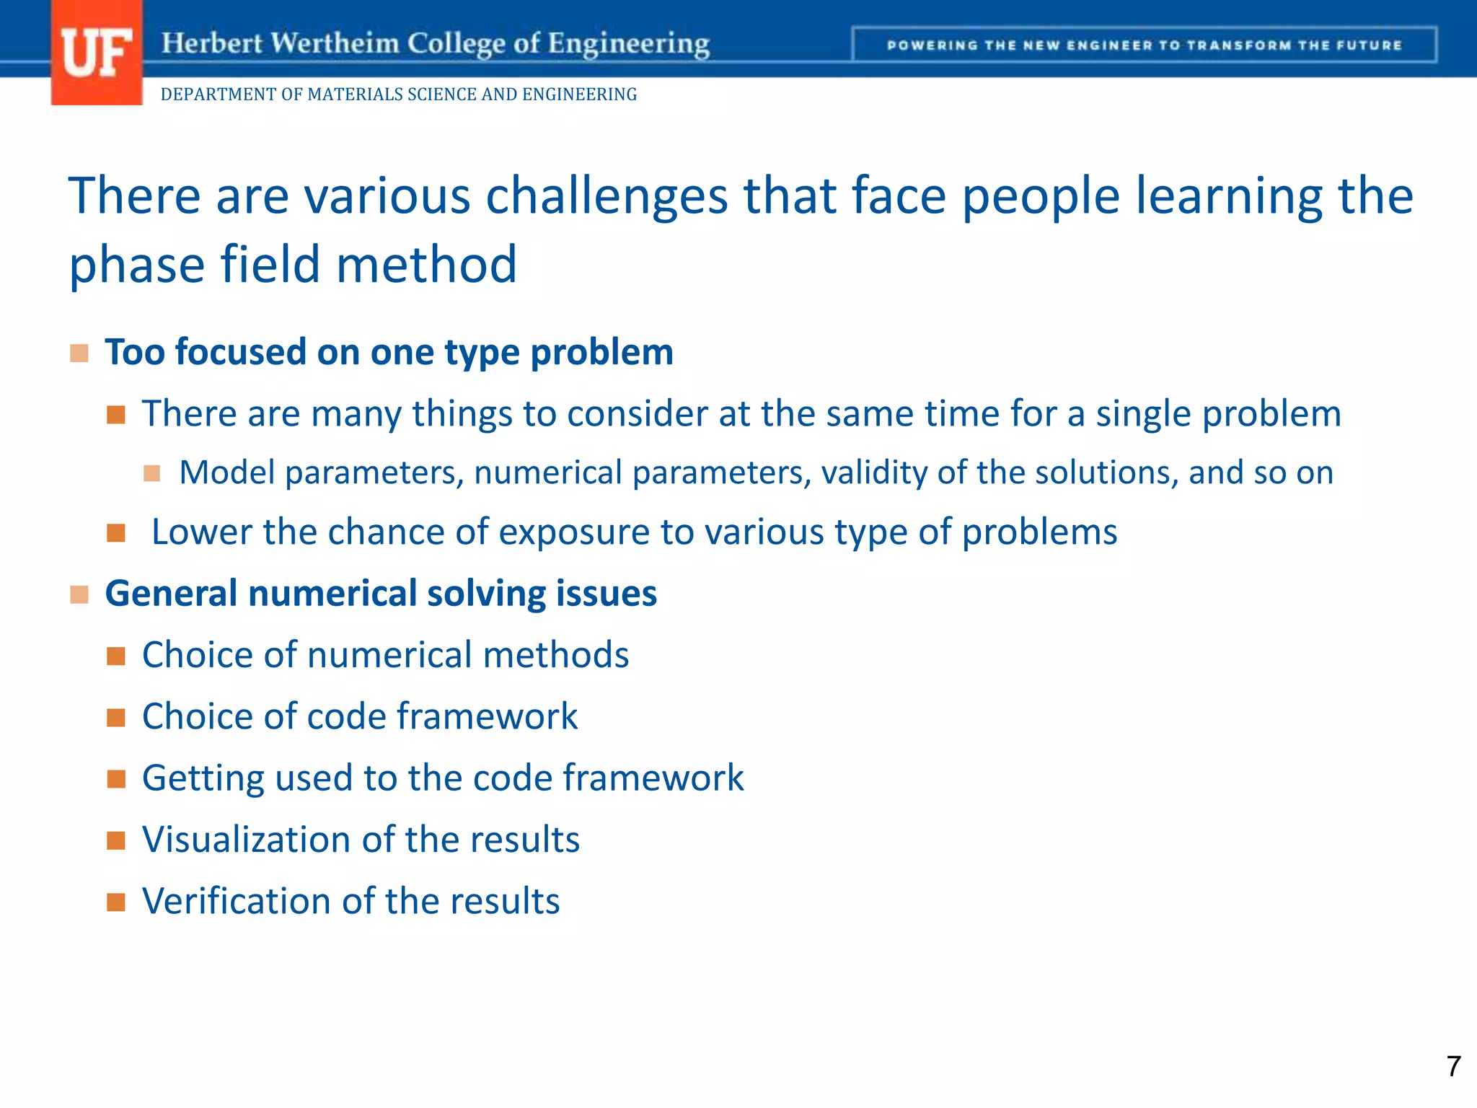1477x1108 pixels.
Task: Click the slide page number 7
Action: click(x=1453, y=1066)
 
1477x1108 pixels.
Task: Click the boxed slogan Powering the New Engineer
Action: click(x=1144, y=45)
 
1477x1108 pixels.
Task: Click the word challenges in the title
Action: click(x=607, y=196)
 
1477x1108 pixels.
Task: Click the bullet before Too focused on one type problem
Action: click(x=79, y=353)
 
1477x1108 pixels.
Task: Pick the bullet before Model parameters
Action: click(x=151, y=473)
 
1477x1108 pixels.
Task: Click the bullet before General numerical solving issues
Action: click(x=79, y=594)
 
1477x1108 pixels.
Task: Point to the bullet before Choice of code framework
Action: click(x=116, y=717)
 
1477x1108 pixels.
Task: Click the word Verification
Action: click(x=236, y=902)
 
